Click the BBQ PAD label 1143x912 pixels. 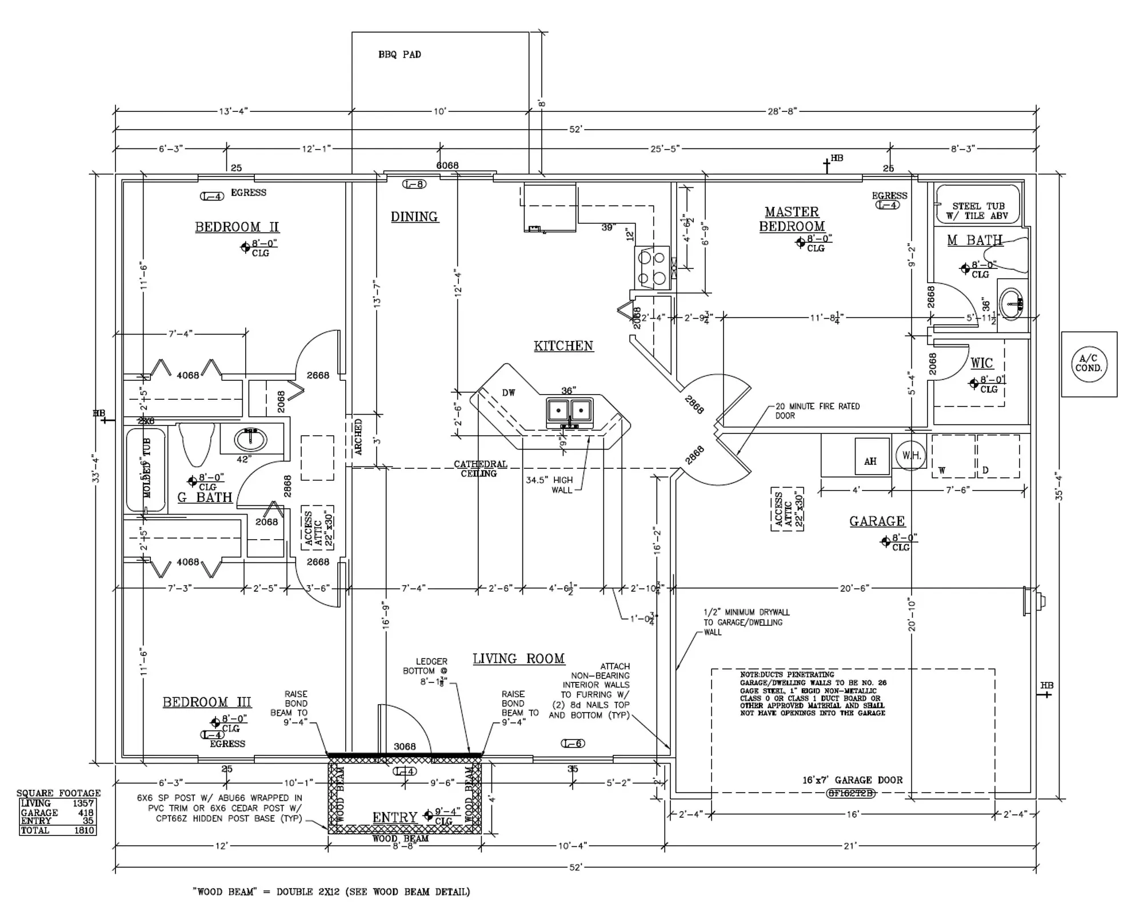click(x=399, y=55)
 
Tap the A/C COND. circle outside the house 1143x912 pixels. click(x=1089, y=364)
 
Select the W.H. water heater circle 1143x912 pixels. click(x=910, y=455)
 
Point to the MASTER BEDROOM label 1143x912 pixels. click(x=792, y=219)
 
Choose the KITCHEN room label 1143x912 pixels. click(x=563, y=346)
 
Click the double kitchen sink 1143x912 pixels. click(x=569, y=410)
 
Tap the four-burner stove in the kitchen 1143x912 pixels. click(x=653, y=268)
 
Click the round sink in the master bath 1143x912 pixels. click(x=1012, y=303)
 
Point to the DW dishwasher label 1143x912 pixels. click(x=508, y=392)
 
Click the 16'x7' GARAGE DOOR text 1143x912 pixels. click(x=852, y=780)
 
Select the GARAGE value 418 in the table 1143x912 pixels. click(x=86, y=813)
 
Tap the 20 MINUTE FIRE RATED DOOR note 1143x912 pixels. click(x=817, y=411)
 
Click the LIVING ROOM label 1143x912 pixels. click(x=518, y=659)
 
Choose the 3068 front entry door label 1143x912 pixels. click(x=405, y=746)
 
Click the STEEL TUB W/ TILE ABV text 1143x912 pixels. click(x=978, y=211)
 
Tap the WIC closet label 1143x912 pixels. click(x=981, y=363)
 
